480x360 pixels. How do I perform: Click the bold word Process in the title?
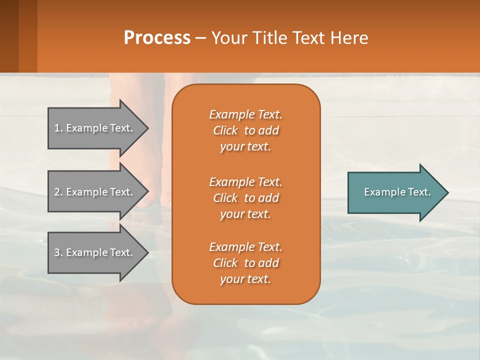[157, 38]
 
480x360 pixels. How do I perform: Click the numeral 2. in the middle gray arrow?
[58, 192]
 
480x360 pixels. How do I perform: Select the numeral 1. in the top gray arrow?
[58, 128]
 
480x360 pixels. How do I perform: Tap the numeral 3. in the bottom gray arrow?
[58, 252]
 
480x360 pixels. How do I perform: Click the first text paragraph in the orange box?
[245, 130]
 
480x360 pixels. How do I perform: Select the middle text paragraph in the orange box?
[245, 198]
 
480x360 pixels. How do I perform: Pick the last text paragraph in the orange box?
[245, 263]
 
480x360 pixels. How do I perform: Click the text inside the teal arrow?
[397, 192]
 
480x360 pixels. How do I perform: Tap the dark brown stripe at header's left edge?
[9, 36]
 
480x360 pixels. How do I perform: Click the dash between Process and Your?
[200, 38]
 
